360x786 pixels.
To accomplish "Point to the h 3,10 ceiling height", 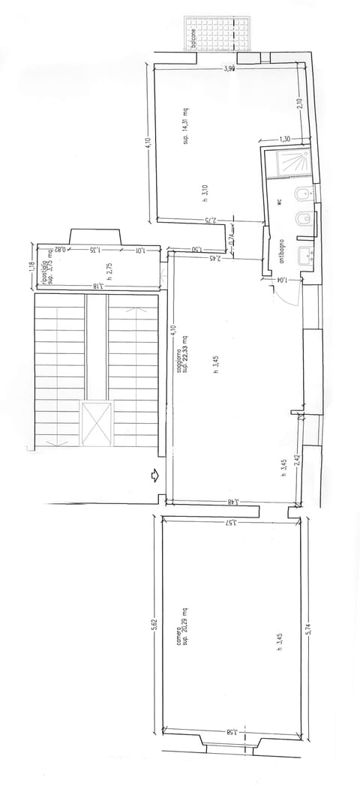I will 205,194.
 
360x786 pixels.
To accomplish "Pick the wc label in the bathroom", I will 277,202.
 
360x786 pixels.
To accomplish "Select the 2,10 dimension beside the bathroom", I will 299,105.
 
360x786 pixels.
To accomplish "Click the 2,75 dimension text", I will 211,220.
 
